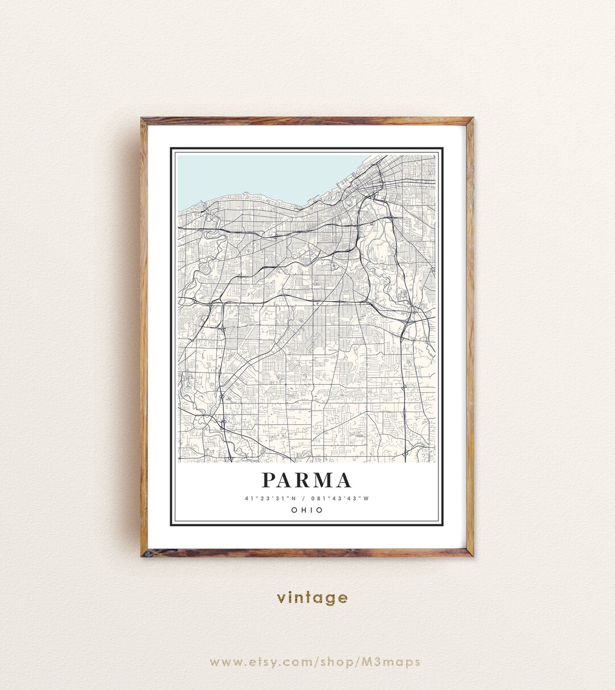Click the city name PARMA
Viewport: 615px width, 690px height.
(307, 480)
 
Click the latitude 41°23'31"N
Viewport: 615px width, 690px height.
(269, 499)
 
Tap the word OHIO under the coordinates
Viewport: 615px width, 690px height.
(307, 510)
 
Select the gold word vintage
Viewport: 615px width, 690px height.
(312, 598)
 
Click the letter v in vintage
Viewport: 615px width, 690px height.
(281, 598)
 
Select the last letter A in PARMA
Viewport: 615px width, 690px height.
(343, 480)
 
